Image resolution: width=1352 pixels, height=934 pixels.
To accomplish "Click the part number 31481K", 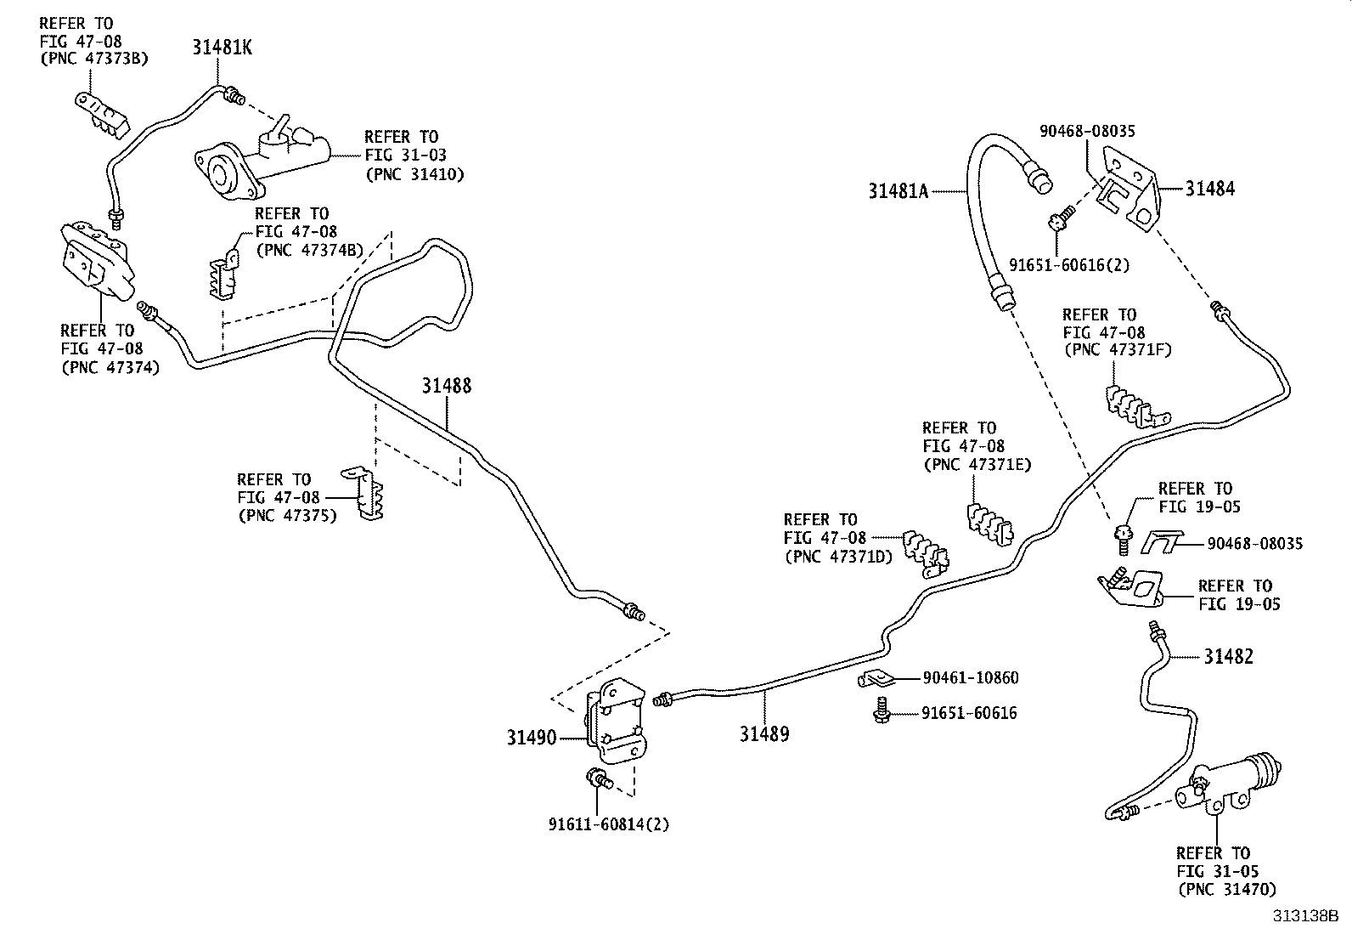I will point(221,48).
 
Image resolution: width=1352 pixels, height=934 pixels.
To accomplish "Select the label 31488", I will point(447,387).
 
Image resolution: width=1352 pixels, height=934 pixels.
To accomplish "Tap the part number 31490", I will point(532,738).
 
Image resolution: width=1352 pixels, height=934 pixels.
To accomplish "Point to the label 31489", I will point(763,733).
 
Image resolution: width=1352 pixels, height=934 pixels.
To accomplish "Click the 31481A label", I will point(899,191).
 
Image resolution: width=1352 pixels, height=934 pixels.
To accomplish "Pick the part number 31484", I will point(1210,189).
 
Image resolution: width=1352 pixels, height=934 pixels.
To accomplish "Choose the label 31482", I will point(1228,656).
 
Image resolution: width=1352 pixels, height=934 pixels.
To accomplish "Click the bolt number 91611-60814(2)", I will point(609,824).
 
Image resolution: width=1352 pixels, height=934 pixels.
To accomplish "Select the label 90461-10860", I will point(970,678).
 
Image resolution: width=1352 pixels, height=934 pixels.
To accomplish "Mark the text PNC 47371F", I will point(1118,349).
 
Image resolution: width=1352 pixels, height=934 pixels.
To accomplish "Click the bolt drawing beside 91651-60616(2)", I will point(1057,222).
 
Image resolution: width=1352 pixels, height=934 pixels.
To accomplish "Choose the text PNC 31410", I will point(415,174).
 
